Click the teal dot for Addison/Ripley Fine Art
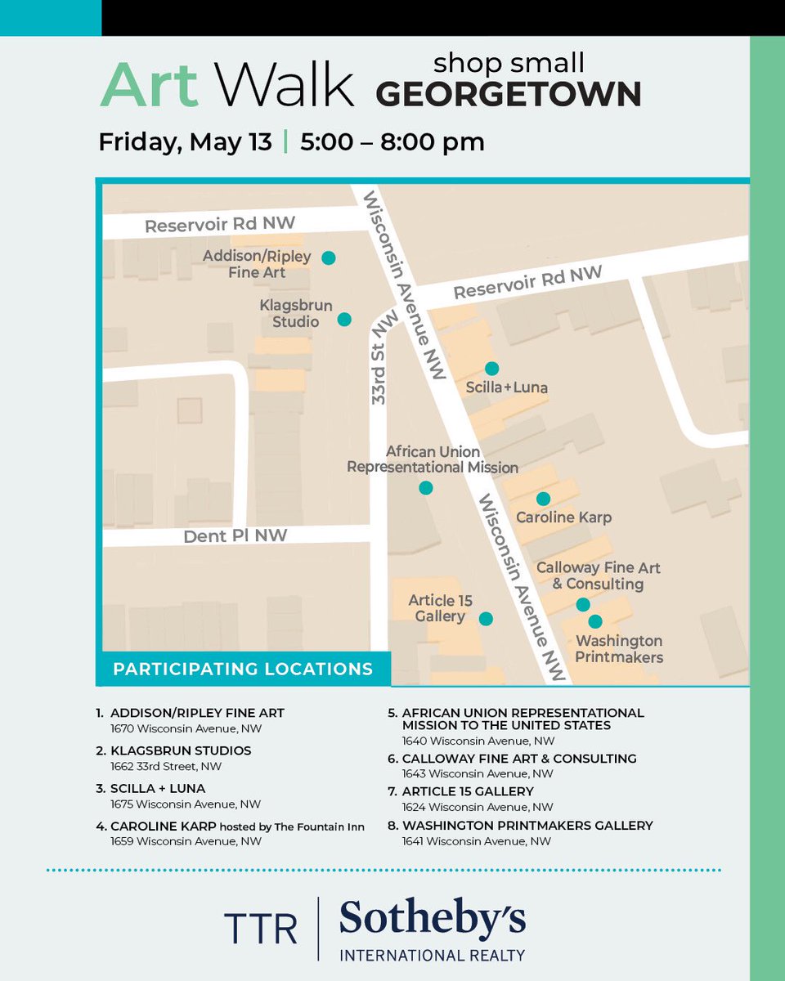[x=328, y=258]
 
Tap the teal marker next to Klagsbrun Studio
[x=344, y=320]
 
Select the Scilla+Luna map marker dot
[x=491, y=369]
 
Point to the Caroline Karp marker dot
[x=543, y=499]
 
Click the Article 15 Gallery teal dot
[x=486, y=619]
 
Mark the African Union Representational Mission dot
[x=425, y=488]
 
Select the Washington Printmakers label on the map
[x=618, y=648]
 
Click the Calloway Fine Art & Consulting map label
[x=598, y=576]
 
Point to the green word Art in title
[x=149, y=85]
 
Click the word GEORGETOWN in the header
[x=508, y=95]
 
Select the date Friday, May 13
[x=185, y=141]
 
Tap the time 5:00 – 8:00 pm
[x=392, y=141]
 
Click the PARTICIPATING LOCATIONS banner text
[x=243, y=669]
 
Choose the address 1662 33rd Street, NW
[x=166, y=766]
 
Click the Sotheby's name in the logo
[x=432, y=920]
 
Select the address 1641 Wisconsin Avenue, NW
[x=477, y=840]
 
